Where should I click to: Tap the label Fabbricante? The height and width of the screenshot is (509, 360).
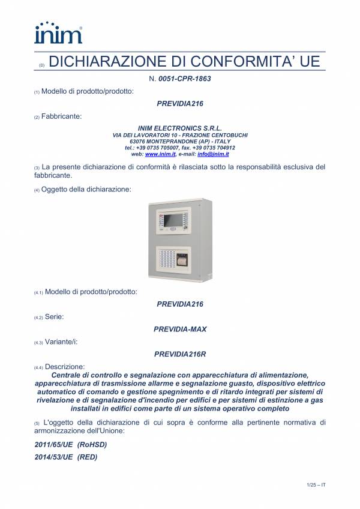[x=62, y=116]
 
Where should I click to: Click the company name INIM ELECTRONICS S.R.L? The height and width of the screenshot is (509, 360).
[x=180, y=128]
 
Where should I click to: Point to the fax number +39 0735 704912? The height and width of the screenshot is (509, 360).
[x=211, y=147]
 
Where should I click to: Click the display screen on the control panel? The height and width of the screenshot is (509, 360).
[x=176, y=220]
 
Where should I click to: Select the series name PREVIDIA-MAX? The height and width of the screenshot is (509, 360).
[x=180, y=329]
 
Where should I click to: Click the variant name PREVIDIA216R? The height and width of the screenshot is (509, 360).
[x=180, y=354]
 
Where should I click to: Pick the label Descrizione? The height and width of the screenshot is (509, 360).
[x=65, y=366]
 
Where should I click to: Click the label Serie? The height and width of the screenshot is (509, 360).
[x=53, y=316]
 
